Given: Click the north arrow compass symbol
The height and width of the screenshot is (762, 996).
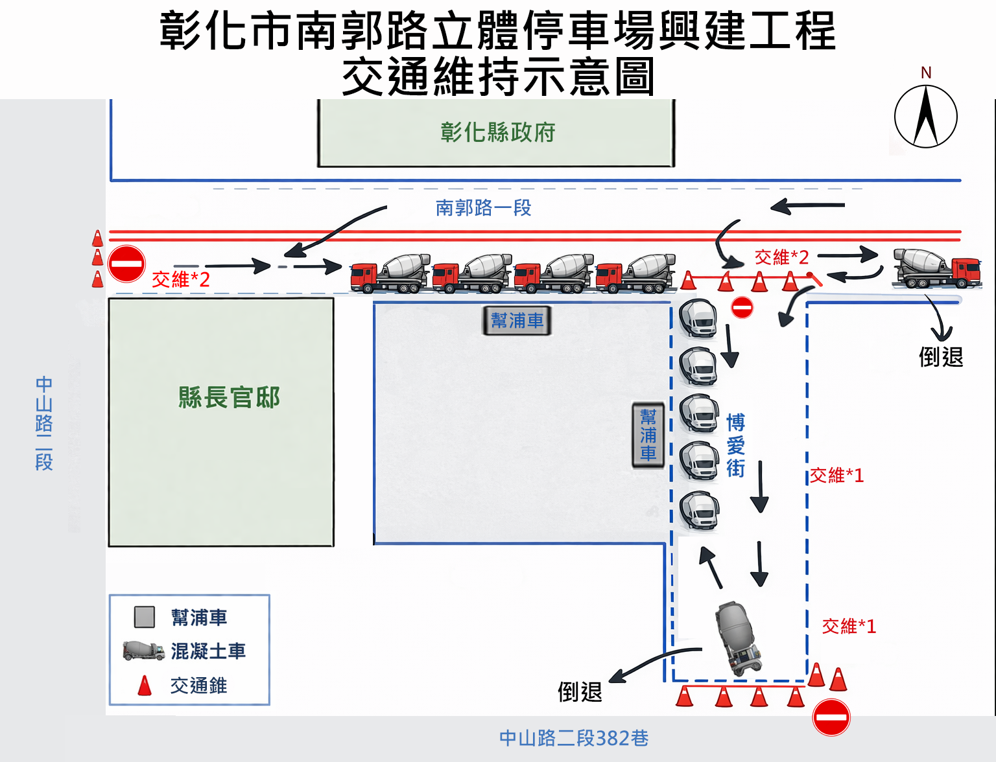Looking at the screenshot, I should (925, 117).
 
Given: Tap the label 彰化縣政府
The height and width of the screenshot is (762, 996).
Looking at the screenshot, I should (497, 132).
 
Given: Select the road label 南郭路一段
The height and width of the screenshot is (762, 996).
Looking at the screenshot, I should (483, 207).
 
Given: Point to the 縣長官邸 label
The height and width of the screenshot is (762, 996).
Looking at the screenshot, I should (229, 397).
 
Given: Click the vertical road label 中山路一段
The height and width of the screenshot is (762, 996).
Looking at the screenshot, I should (44, 422).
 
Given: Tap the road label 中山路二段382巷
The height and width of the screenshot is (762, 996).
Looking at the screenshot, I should (574, 738).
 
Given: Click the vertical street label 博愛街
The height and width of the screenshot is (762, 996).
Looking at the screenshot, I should (735, 445).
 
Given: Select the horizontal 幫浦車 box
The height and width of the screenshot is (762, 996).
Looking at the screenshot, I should (517, 321).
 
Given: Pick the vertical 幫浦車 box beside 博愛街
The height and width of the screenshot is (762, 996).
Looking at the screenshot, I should (648, 435).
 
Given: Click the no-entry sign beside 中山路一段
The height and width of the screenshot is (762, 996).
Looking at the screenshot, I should (126, 264).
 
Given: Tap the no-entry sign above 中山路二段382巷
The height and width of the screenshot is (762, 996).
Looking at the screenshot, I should (831, 717).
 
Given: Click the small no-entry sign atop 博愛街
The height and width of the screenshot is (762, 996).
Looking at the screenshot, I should (742, 307).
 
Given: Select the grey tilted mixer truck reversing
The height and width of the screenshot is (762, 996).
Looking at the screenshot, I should (738, 638).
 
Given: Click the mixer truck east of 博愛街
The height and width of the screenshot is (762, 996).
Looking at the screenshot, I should (937, 268).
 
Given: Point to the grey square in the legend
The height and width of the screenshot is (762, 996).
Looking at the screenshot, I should (144, 617).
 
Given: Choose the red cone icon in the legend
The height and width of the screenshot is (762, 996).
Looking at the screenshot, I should (145, 686).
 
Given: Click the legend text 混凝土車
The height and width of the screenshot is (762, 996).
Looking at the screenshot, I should (208, 651).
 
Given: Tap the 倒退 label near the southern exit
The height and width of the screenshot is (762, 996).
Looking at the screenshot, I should (580, 691).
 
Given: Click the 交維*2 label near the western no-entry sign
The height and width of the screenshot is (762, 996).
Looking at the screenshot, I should (181, 279).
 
